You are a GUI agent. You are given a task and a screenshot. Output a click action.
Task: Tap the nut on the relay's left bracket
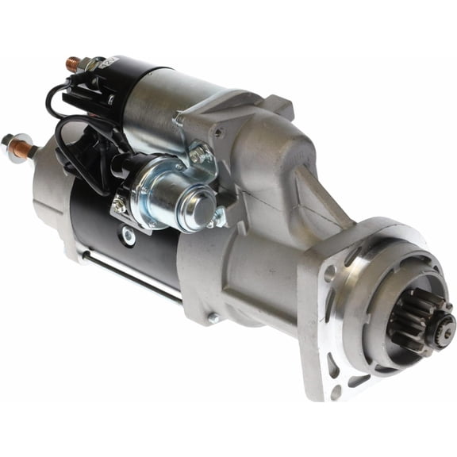(120, 205)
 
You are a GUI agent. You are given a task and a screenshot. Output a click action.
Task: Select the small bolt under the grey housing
(213, 318)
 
